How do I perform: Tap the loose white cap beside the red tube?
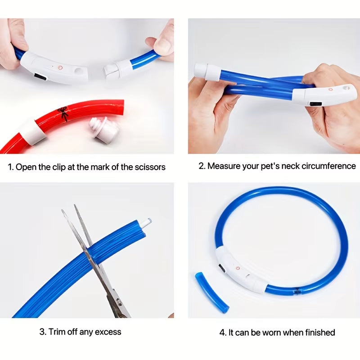(104, 130)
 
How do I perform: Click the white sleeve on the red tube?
(33, 131)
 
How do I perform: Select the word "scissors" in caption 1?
(150, 167)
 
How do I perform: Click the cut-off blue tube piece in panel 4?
(211, 292)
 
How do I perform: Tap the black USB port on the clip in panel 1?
(40, 78)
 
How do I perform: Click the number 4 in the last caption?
(222, 333)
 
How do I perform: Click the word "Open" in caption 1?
(24, 167)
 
